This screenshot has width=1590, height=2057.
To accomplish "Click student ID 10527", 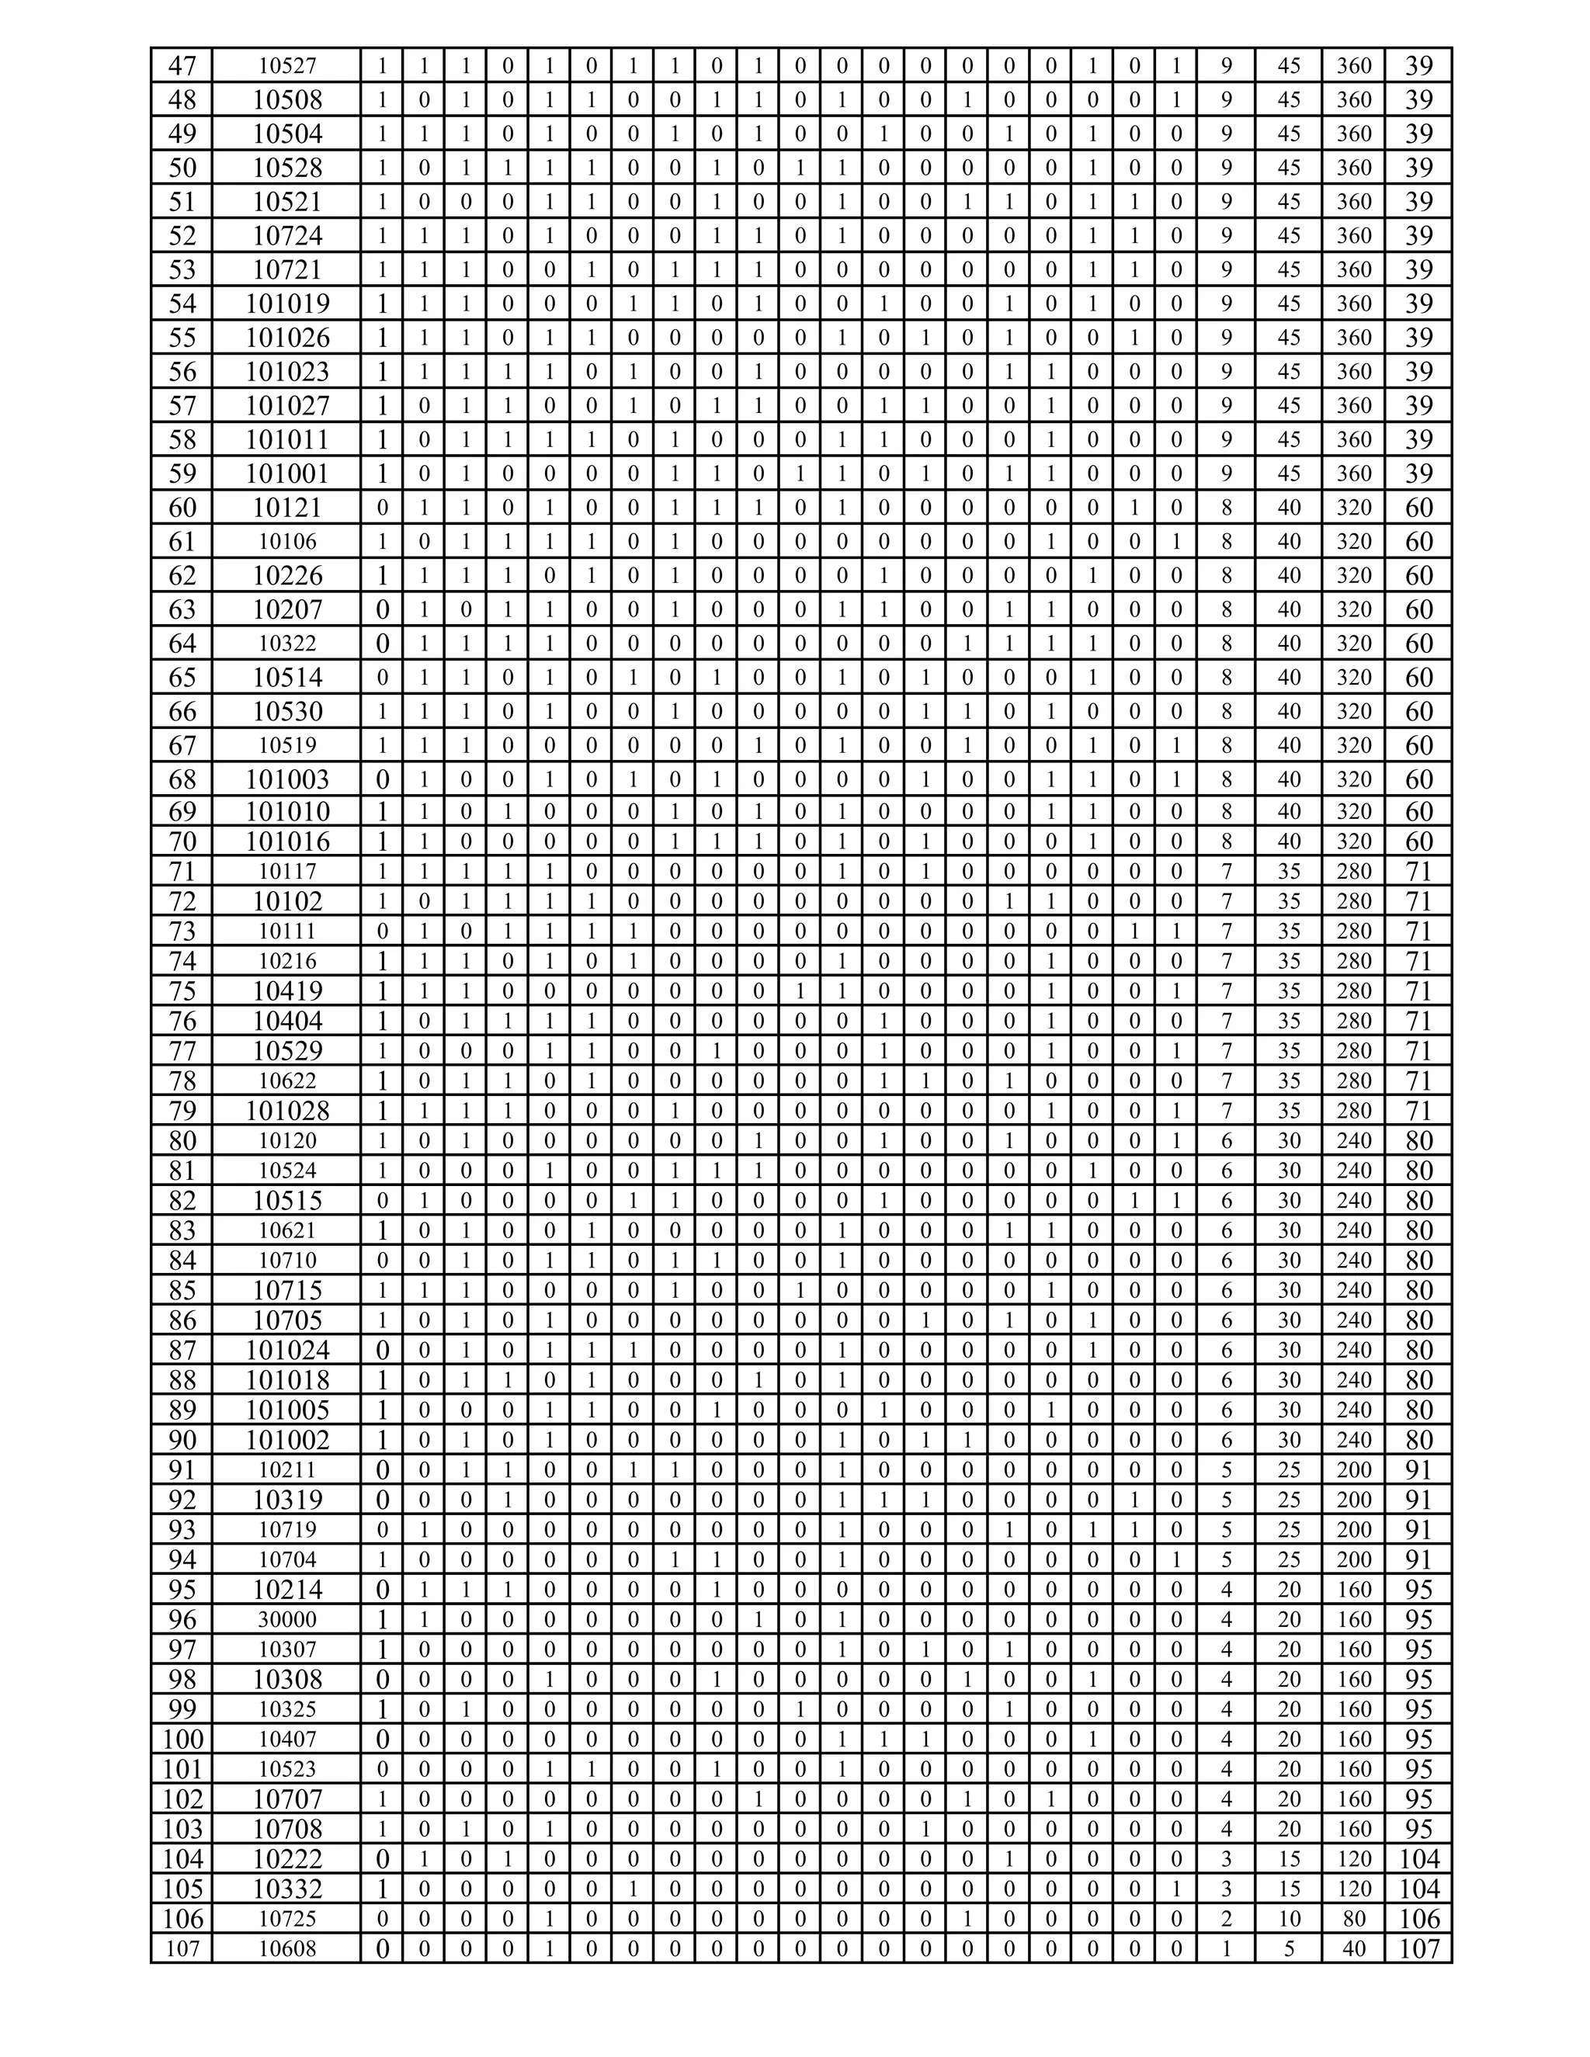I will (x=287, y=66).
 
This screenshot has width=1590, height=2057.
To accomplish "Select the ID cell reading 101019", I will (x=287, y=304).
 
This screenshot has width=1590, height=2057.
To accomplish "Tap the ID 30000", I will (x=287, y=1619).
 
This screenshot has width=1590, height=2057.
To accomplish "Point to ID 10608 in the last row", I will (x=287, y=1948).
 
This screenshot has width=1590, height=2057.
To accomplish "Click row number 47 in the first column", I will (x=182, y=66).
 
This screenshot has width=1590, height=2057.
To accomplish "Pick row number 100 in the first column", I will (x=182, y=1739).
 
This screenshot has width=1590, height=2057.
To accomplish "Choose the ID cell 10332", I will (x=287, y=1889).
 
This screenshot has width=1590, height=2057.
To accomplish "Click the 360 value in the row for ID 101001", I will (x=1353, y=473).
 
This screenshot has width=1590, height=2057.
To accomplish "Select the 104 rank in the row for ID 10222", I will (x=1418, y=1858).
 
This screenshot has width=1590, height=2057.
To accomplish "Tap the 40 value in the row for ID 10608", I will (x=1353, y=1948).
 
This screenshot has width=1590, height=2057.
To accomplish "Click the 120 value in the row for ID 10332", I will (x=1353, y=1889).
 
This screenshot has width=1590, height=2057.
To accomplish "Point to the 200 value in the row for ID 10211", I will (x=1353, y=1469).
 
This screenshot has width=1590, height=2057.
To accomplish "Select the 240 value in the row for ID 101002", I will (x=1353, y=1439).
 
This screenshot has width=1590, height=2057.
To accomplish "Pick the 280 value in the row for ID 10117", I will (x=1353, y=871).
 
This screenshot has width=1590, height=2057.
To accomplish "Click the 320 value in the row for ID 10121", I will (x=1353, y=508).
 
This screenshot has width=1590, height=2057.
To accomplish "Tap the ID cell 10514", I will (x=287, y=677).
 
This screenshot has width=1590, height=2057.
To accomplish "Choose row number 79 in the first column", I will (x=182, y=1111).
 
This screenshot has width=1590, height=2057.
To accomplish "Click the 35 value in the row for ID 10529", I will (x=1289, y=1050).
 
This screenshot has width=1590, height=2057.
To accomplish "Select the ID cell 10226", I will (x=287, y=575).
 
